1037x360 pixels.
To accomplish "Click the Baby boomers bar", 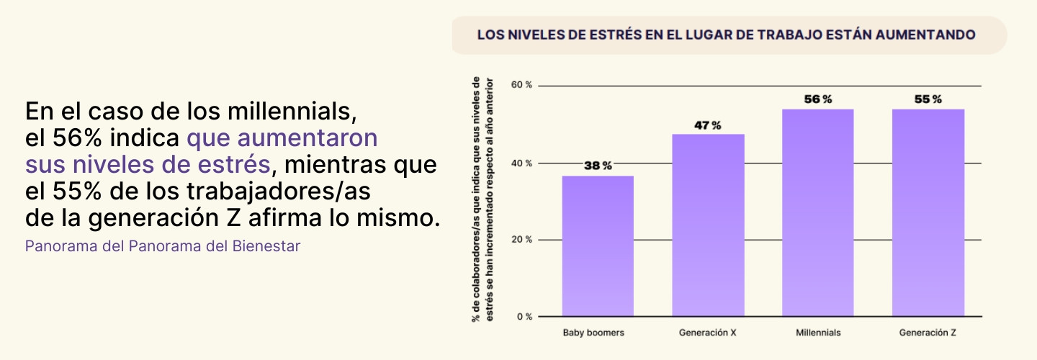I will [x=598, y=246].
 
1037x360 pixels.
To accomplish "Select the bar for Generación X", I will [x=708, y=225].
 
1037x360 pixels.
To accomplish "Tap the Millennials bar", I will [x=817, y=213].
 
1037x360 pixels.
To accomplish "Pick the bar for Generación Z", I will [x=928, y=213].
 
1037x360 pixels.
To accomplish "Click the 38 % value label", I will [x=598, y=166].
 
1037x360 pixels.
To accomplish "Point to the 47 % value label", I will [x=707, y=125].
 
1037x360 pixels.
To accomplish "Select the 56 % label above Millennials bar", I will [x=817, y=99].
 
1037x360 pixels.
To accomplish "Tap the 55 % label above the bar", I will [x=928, y=99].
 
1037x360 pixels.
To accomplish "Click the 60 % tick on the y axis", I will [x=521, y=85].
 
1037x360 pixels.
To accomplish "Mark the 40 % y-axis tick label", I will [x=521, y=163].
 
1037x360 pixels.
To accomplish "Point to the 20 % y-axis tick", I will [x=521, y=240].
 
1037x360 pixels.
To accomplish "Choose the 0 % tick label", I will [x=524, y=317].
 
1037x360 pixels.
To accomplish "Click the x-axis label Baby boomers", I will [x=593, y=333].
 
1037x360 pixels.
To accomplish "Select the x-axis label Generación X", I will [x=707, y=333].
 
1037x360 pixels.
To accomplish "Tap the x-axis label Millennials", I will [x=818, y=333].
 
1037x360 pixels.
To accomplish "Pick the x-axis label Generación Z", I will [x=928, y=333].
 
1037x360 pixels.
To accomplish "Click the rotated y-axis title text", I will [x=482, y=200].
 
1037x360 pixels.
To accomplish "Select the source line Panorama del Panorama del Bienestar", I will [x=163, y=246].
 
